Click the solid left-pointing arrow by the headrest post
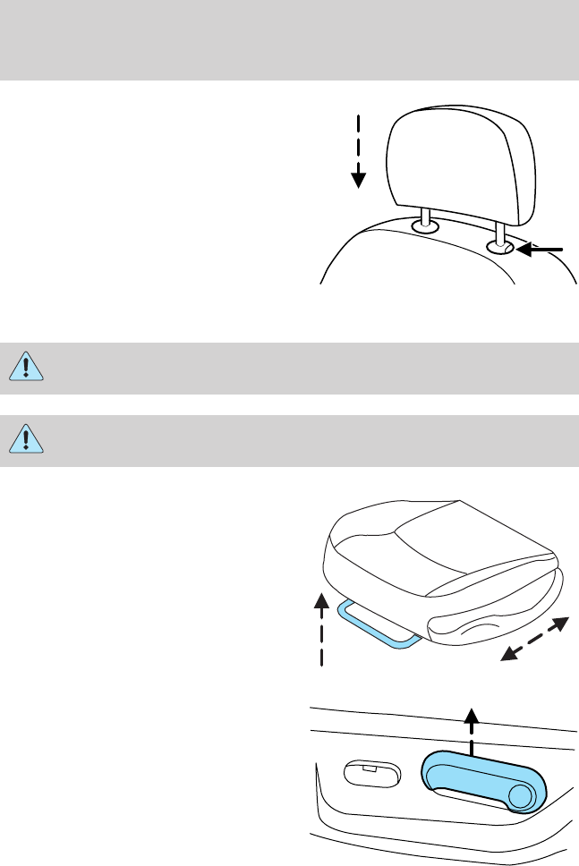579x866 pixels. pos(542,250)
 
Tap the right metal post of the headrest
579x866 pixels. pos(498,231)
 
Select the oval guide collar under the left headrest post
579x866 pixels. pos(425,230)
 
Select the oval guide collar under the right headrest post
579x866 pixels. pos(499,248)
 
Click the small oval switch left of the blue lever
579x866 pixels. pos(369,773)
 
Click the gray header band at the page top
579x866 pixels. pos(289,39)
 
